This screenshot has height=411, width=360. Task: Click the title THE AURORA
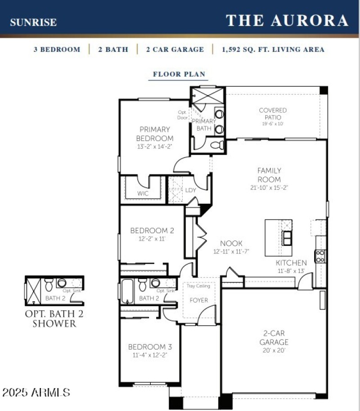pos(287,21)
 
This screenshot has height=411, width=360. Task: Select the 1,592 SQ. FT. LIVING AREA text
pos(273,49)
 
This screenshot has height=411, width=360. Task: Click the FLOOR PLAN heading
pos(179,75)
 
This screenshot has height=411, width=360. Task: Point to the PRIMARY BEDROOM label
pos(154,134)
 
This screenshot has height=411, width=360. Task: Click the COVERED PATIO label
pos(273,114)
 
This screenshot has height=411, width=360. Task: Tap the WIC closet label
pos(143,193)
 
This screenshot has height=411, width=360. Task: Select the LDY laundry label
pos(190,190)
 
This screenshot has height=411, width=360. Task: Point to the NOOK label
pos(231,243)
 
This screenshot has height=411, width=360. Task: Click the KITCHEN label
pos(291,263)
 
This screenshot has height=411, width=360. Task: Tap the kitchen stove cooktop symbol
pos(320,256)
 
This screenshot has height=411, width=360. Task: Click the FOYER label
pos(198,300)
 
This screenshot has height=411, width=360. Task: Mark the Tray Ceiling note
pos(198,286)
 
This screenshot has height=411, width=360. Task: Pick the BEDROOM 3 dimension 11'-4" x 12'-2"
pos(150,355)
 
